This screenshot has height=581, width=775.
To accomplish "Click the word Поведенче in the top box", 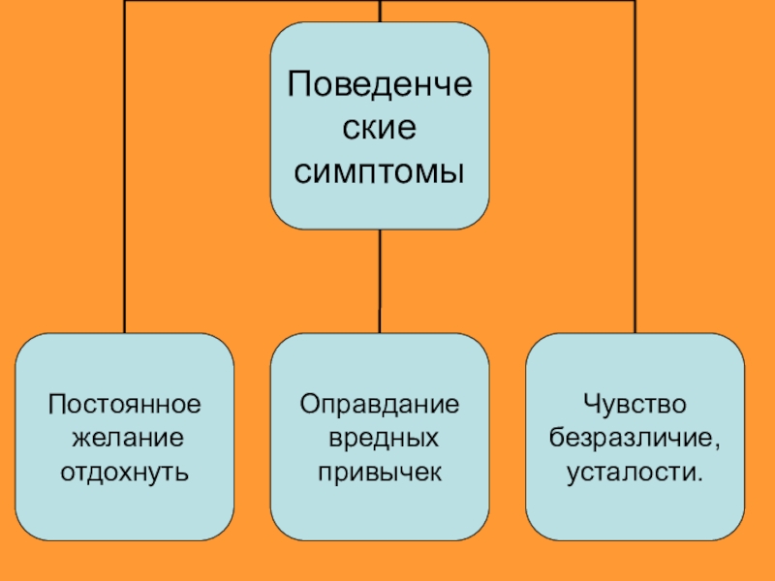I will pos(380,84).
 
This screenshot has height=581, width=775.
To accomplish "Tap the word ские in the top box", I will pos(380,127).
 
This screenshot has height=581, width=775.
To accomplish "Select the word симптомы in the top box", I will pos(380,171).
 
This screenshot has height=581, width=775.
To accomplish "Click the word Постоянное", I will pos(125,402).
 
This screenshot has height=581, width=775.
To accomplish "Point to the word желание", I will pos(125,437).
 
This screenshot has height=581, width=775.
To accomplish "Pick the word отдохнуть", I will pos(125,473).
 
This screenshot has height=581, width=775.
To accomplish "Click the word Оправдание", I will pos(380,402).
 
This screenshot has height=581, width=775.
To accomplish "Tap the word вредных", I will pos(382,437).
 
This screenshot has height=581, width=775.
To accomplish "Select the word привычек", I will pos(380,473).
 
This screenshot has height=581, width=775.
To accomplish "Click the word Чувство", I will pos(635,402).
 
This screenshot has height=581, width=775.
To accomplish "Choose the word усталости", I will pos(631,473).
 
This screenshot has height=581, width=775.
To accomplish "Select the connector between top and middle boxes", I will pos(380,281).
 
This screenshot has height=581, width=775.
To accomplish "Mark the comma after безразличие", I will pos(718,445).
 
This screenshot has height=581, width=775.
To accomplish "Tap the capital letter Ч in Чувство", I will pos(590,402).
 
